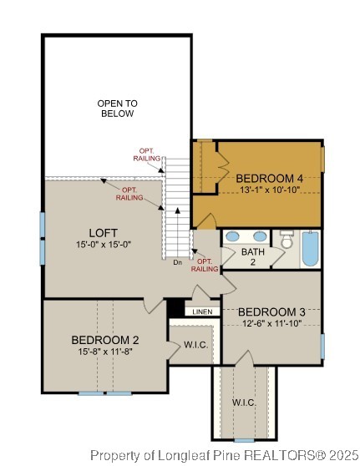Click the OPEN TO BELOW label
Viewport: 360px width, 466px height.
117,108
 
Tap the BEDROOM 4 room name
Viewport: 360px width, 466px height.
268,178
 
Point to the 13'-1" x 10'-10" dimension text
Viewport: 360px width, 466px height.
268,190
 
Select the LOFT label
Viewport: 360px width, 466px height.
104,232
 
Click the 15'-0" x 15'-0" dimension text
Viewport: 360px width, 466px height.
104,244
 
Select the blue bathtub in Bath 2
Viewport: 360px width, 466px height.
310,249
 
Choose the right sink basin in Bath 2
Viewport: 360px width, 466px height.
260,236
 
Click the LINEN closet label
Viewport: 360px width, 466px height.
202,312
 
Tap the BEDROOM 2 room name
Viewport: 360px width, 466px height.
104,340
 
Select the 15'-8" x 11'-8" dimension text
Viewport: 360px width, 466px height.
104,352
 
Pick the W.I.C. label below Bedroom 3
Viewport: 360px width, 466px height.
244,403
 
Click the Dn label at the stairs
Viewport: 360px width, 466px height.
177,263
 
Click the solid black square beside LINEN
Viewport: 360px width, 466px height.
175,309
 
